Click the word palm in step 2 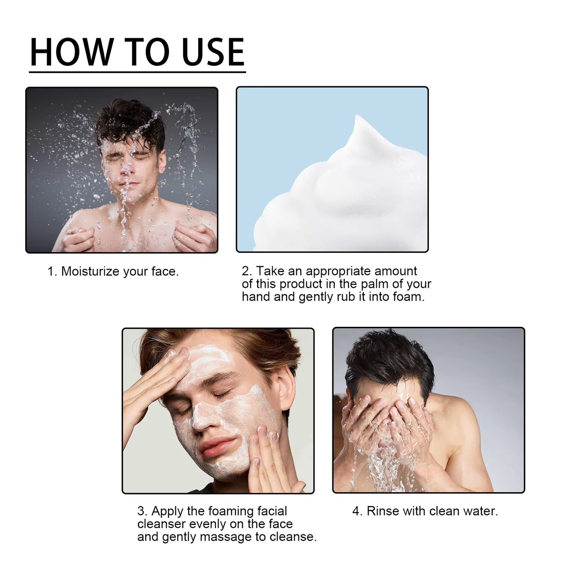click(374, 284)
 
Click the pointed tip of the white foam click(357, 118)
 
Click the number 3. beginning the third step click(142, 511)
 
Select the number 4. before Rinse click(357, 511)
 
